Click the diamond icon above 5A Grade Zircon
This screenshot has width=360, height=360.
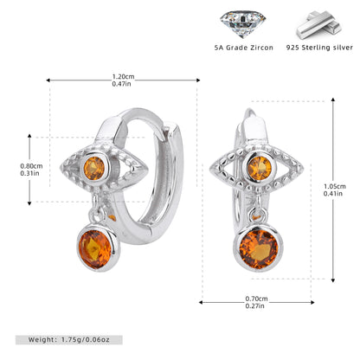click(x=242, y=24)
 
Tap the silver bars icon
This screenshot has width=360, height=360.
click(x=319, y=25)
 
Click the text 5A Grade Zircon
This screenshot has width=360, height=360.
click(x=244, y=48)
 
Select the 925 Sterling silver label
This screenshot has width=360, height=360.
click(x=319, y=48)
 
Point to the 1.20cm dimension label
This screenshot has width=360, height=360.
click(x=123, y=77)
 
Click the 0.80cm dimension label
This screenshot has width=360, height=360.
click(x=31, y=166)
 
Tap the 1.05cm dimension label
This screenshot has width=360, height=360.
click(x=335, y=186)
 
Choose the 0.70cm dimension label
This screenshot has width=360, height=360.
click(x=256, y=299)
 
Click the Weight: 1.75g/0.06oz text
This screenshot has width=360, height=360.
click(x=69, y=339)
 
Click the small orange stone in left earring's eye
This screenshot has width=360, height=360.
click(x=94, y=168)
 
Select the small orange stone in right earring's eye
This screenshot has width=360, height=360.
click(x=260, y=168)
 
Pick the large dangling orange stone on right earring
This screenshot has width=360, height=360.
click(x=259, y=249)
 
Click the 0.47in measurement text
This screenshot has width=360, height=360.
click(x=121, y=84)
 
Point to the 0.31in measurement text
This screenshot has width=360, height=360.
click(x=29, y=173)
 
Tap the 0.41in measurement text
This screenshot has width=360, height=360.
click(x=333, y=194)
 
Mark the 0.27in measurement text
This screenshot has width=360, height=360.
click(x=254, y=305)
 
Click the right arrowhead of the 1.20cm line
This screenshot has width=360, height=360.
click(x=198, y=80)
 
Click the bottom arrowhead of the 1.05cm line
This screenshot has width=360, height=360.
click(x=333, y=280)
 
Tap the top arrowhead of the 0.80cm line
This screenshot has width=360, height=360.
click(x=29, y=136)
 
